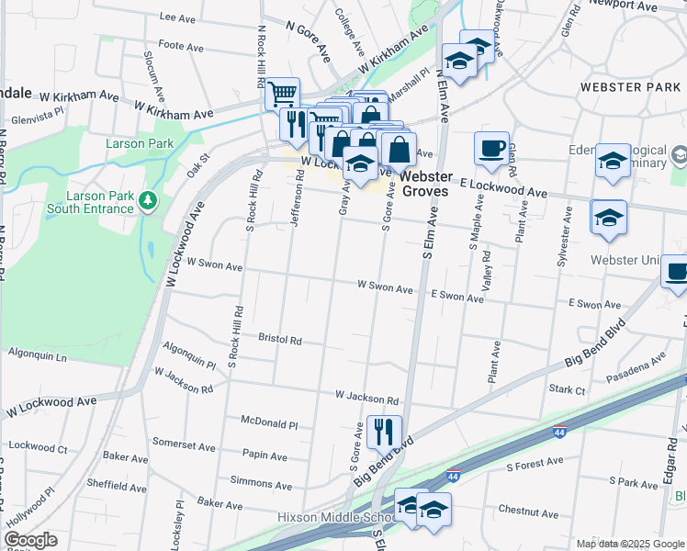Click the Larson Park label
coord(140,144)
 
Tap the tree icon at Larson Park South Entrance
coord(146,199)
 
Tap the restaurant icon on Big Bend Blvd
coord(384,430)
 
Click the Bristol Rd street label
coord(280,340)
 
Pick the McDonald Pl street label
coord(269,424)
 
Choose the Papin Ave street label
coord(266,454)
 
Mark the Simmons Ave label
coord(261,481)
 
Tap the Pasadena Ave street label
coord(633,368)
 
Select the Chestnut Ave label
coord(528,512)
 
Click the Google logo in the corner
coord(30,540)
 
